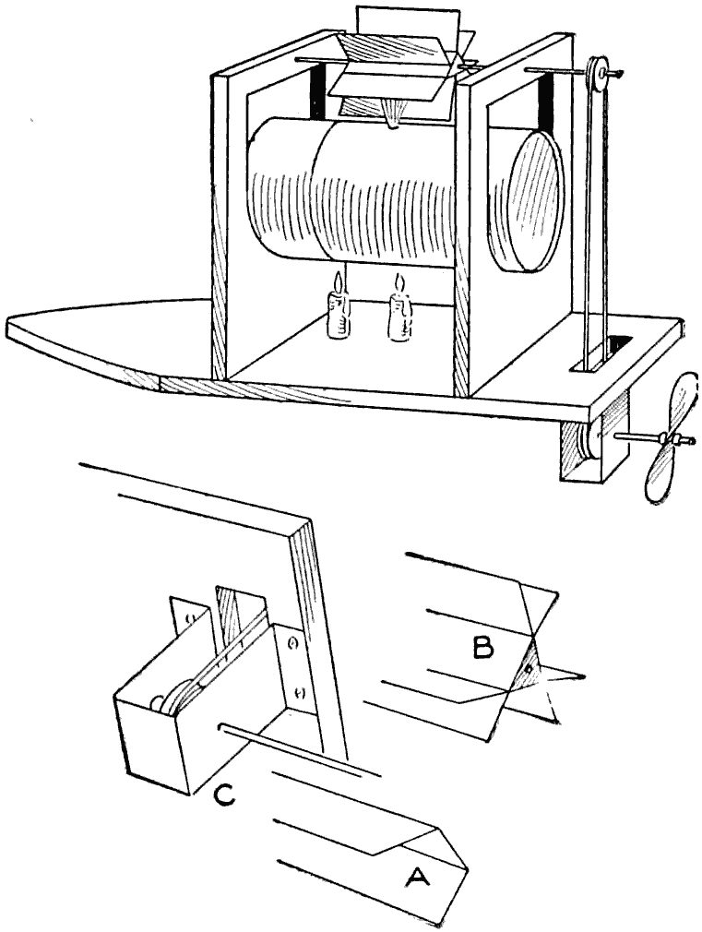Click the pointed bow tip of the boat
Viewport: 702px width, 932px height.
pyautogui.click(x=11, y=323)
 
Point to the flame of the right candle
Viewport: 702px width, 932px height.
pyautogui.click(x=400, y=281)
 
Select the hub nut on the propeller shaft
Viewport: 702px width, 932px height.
pyautogui.click(x=674, y=440)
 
